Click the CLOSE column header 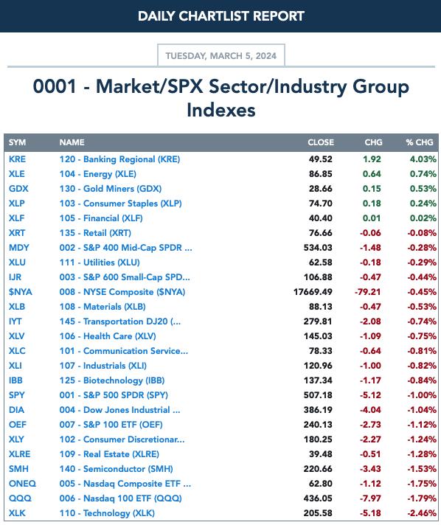(321, 142)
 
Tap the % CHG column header (419, 142)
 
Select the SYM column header (17, 142)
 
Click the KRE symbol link (17, 159)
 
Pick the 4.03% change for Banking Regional (423, 159)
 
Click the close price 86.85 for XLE (321, 174)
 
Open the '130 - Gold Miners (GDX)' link (111, 189)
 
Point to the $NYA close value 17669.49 (313, 292)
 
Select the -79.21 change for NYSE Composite (368, 292)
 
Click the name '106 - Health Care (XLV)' (108, 335)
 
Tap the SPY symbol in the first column (17, 394)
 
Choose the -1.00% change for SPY (422, 394)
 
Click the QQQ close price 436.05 (318, 498)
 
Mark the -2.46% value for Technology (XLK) (422, 512)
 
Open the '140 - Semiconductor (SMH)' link (117, 468)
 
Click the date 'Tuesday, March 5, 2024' (221, 55)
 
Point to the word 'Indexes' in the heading (221, 110)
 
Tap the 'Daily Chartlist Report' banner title (221, 16)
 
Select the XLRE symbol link (19, 453)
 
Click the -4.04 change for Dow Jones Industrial (370, 409)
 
